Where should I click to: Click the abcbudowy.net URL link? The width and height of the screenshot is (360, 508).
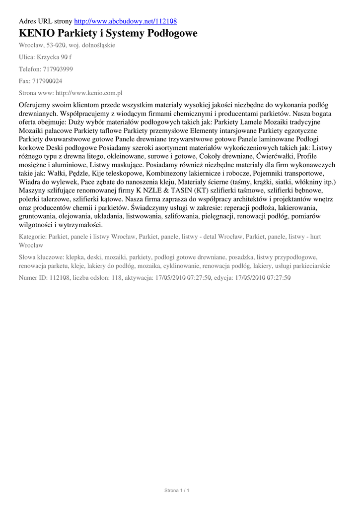125,21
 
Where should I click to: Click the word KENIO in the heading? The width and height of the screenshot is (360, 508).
36,34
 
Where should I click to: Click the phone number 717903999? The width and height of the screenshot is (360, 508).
58,69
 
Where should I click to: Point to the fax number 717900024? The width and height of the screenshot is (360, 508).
47,81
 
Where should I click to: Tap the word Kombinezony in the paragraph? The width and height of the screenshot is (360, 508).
189,173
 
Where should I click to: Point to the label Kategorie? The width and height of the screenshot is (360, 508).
33,237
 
